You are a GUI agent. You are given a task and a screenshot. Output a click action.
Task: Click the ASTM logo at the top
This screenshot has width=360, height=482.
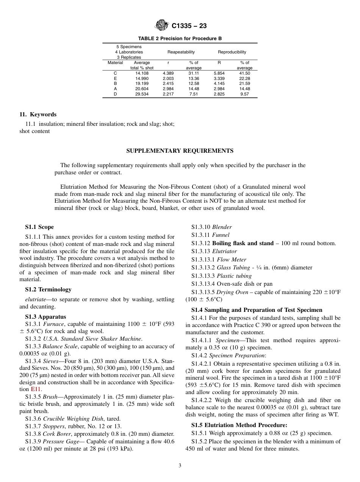pos(162,26)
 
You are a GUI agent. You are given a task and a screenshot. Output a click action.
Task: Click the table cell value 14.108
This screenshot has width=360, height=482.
pos(142,73)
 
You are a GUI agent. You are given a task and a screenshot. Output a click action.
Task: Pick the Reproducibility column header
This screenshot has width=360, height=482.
pos(232,52)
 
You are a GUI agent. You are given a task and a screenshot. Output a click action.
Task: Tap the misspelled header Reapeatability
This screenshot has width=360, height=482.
pos(181,52)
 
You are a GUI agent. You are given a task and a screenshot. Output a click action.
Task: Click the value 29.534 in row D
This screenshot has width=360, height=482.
pos(142,94)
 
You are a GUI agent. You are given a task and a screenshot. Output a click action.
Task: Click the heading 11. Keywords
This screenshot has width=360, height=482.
pos(38,114)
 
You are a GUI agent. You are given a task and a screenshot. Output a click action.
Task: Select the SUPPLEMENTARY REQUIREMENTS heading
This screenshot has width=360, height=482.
pos(180,151)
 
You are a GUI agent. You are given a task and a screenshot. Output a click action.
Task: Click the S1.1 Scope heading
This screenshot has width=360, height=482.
pos(39,227)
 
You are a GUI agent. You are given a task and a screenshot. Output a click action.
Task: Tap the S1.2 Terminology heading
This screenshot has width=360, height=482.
pos(48,290)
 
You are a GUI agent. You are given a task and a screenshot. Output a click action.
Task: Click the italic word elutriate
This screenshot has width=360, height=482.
pos(30,299)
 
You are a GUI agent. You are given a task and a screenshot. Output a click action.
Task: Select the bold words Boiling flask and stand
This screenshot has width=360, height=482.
pos(243,243)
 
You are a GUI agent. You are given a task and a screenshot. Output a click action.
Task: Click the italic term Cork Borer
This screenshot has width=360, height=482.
pos(56,434)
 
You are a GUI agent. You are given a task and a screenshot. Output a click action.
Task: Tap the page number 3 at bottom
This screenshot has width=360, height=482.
pos(180,466)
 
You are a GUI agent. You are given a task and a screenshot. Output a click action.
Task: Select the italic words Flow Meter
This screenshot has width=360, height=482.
pos(232,260)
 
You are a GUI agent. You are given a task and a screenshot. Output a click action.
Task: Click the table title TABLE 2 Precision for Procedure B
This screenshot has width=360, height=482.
pos(180,39)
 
